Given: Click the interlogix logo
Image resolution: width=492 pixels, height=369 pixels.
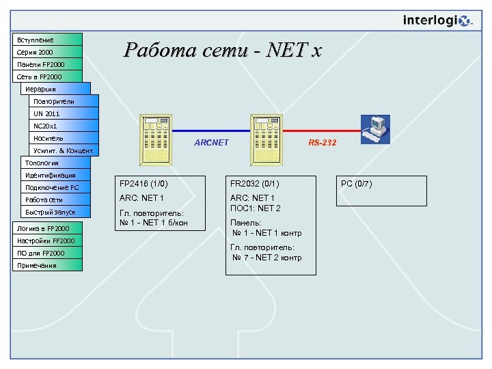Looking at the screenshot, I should [437, 20].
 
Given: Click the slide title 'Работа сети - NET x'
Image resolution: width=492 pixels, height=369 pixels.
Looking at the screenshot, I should [222, 50].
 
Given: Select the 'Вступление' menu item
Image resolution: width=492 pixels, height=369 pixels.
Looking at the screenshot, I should [48, 40].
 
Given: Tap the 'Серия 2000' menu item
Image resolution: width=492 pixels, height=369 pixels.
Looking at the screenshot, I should [48, 52].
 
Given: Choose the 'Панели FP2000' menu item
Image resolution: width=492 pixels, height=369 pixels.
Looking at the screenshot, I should [48, 64].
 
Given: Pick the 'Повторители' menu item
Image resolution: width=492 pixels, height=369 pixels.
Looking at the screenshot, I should [64, 101].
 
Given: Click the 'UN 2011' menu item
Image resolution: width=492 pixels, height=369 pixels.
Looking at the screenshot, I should [64, 113].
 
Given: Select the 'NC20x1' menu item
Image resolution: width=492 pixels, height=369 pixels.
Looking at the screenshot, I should [64, 126].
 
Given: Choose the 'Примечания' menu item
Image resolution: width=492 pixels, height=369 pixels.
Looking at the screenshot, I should [48, 265].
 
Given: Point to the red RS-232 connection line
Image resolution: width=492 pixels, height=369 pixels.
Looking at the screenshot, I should [321, 131].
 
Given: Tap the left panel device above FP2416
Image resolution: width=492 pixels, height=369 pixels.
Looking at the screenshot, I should [159, 139].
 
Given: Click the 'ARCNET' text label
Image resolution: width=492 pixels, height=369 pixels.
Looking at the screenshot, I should [211, 143].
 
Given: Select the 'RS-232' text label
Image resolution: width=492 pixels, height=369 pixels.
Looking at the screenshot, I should [322, 143].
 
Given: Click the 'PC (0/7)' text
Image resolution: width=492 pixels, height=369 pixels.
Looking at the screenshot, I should [356, 184].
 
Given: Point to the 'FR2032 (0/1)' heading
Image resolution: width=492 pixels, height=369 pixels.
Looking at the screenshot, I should [254, 184].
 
